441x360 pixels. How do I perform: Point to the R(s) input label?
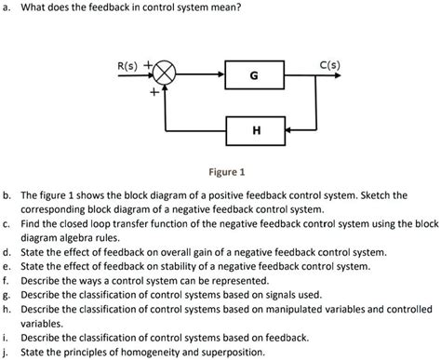(x=127, y=67)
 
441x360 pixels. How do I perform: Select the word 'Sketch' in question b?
(x=384, y=197)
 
